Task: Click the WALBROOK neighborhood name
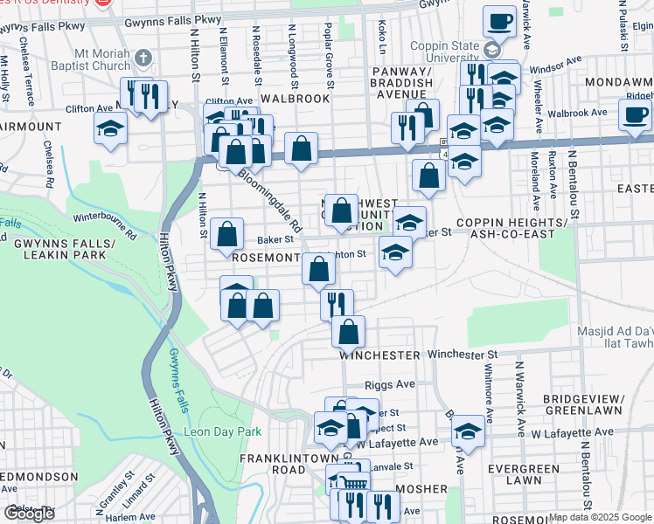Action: (x=295, y=99)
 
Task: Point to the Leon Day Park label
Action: (x=222, y=431)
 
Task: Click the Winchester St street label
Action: (x=462, y=355)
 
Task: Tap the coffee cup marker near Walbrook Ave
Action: (x=634, y=114)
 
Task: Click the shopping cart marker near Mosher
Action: (x=353, y=481)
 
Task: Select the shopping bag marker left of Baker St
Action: (x=226, y=233)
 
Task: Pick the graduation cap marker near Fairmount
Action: (x=111, y=129)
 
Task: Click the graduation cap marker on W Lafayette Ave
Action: (x=468, y=431)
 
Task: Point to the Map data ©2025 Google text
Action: (x=599, y=517)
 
